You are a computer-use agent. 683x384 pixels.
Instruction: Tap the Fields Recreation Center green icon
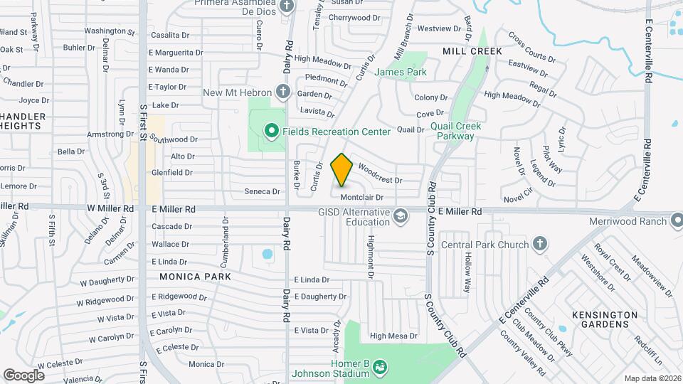click(x=270, y=132)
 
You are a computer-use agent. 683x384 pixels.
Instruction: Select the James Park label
click(x=401, y=72)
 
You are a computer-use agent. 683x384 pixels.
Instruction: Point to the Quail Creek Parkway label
click(x=456, y=131)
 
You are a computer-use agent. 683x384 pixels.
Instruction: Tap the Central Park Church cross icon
click(x=540, y=245)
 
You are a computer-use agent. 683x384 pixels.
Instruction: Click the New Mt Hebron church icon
click(x=282, y=92)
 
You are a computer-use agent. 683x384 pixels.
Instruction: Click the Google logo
click(x=23, y=375)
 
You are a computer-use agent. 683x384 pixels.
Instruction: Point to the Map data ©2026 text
click(x=652, y=378)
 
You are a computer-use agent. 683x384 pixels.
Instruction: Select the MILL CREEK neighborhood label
click(x=472, y=51)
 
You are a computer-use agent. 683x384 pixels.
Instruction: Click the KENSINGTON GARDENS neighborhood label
click(x=605, y=319)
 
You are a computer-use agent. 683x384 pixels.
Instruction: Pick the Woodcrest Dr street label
click(x=380, y=175)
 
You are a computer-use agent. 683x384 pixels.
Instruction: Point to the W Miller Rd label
click(x=111, y=209)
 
